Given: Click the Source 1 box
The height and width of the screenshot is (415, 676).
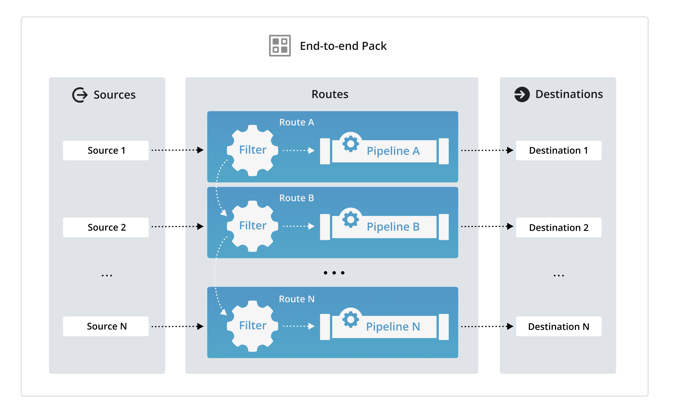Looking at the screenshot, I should click(106, 150).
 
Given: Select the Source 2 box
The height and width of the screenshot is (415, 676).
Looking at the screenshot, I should click(106, 227).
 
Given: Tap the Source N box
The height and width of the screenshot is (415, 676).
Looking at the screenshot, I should click(106, 326).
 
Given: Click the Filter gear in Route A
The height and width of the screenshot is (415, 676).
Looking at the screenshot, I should click(252, 150).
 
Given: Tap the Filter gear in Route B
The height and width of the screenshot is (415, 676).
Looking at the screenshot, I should click(252, 226).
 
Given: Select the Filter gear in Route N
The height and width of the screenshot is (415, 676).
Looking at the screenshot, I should click(252, 326).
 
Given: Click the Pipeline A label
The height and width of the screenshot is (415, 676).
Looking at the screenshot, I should click(393, 151).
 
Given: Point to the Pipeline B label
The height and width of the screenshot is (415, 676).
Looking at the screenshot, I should click(393, 227).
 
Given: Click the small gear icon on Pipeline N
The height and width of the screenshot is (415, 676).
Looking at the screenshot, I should click(350, 319).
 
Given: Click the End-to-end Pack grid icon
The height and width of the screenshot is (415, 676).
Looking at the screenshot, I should click(280, 46).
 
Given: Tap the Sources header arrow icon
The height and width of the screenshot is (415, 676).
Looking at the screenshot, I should click(80, 95).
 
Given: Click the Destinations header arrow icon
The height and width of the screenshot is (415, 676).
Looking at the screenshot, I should click(522, 94).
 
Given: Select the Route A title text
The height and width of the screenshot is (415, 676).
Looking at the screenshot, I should click(296, 122).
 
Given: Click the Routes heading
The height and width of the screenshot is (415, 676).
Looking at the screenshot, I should click(330, 94).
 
